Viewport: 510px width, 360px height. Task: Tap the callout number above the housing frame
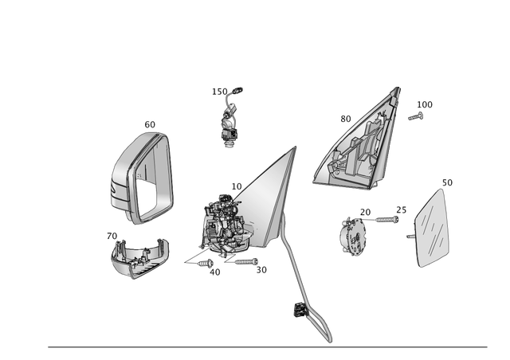[x=150, y=124]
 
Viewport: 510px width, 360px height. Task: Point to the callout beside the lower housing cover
[x=112, y=236]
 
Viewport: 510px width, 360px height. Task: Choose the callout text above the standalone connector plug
[x=226, y=92]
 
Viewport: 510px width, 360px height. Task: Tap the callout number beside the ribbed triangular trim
[x=346, y=119]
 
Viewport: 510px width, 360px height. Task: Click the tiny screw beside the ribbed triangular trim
[x=414, y=116]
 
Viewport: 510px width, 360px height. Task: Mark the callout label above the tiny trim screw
[x=425, y=104]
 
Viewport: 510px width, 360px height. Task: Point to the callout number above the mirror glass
[x=447, y=183]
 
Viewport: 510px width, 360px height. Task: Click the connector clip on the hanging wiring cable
[x=298, y=311]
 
